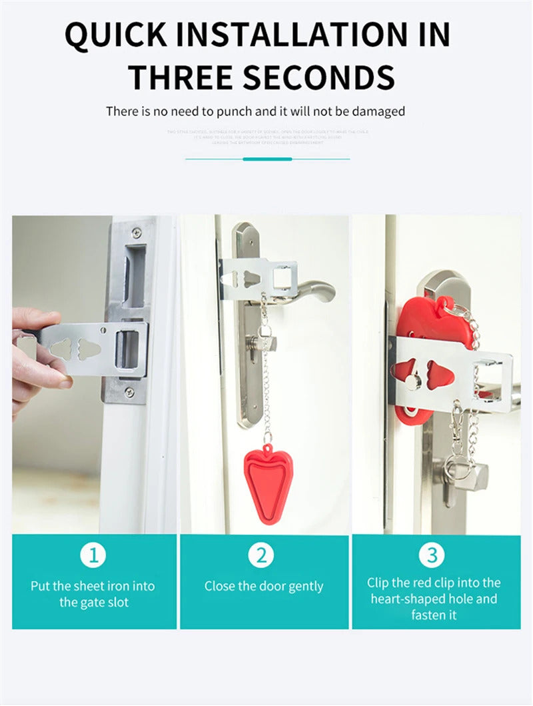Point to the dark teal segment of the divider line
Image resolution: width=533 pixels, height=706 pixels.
pyautogui.click(x=267, y=159)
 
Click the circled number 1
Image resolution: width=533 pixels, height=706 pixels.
pyautogui.click(x=93, y=555)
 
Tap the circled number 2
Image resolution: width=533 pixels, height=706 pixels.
pyautogui.click(x=261, y=555)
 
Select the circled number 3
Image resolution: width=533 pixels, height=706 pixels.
pyautogui.click(x=432, y=555)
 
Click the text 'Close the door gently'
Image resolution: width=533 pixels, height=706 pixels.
pyautogui.click(x=264, y=587)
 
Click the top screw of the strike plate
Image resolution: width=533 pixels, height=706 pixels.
pyautogui.click(x=137, y=233)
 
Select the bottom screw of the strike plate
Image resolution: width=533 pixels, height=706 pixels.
pyautogui.click(x=129, y=392)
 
